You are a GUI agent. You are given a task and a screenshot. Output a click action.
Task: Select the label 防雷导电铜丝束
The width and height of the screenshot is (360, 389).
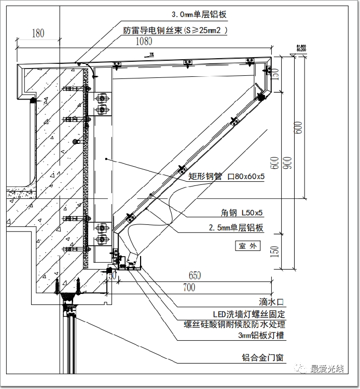pyautogui.click(x=175, y=30)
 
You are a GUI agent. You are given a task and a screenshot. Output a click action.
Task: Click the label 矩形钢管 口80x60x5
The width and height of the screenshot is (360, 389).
pyautogui.click(x=226, y=177)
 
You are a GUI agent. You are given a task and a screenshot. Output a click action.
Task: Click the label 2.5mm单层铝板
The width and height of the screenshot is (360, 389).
pyautogui.click(x=236, y=227)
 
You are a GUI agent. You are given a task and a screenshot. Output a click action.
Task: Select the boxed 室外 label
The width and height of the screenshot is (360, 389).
pyautogui.click(x=247, y=246)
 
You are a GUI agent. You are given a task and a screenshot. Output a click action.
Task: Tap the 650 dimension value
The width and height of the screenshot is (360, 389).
pyautogui.click(x=195, y=275)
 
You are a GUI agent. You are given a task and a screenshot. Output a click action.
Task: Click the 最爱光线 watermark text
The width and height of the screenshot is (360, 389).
pyautogui.click(x=327, y=369)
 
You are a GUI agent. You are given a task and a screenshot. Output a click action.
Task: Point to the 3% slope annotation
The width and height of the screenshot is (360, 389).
pyautogui.click(x=151, y=54)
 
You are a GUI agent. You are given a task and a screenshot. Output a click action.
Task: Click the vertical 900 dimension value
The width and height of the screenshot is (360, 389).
pyautogui.click(x=285, y=163)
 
